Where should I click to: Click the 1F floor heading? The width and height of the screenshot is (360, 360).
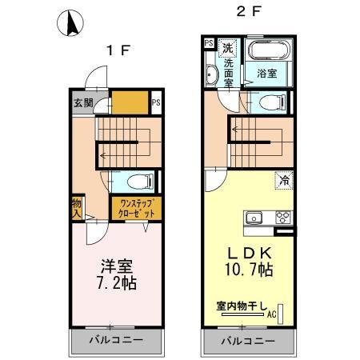tap(119, 50)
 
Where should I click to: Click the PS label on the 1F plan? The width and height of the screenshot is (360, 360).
tap(156, 102)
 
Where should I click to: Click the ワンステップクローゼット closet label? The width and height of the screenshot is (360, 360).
tap(137, 210)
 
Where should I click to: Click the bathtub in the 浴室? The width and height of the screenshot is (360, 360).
tap(271, 53)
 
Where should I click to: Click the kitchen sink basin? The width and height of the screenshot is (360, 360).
tap(254, 217)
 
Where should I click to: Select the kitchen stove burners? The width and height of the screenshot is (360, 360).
tap(282, 217)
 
